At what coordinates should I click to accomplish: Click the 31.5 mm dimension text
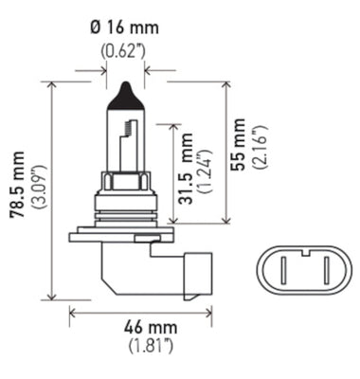(x=186, y=173)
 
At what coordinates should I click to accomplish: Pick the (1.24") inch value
(x=206, y=173)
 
